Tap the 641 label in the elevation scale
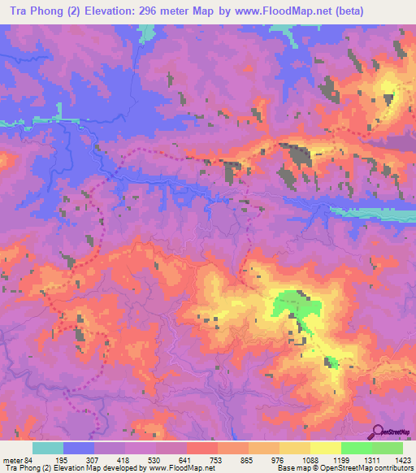(188, 460)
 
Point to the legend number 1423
(402, 460)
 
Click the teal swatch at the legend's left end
(48, 448)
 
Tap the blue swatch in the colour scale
(79, 448)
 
